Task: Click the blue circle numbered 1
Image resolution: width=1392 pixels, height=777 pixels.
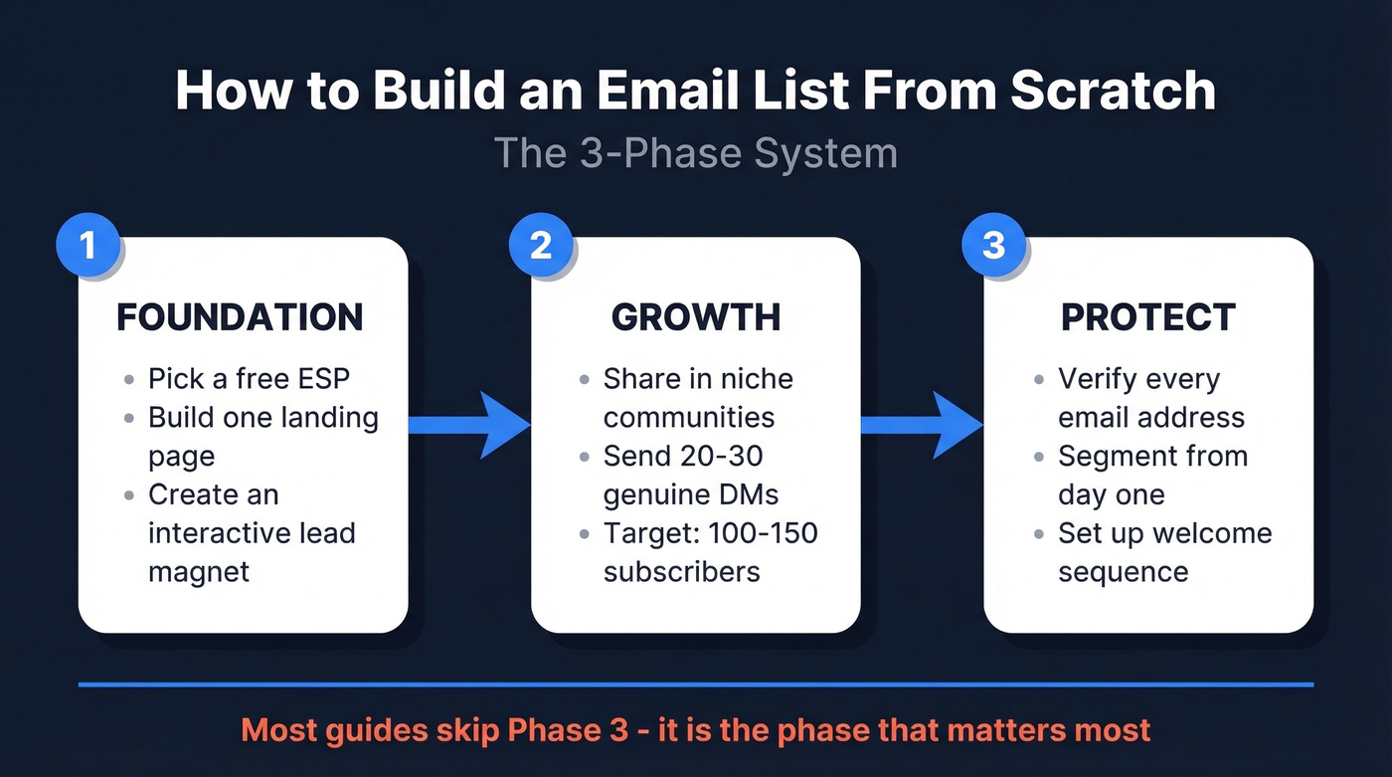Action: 87,245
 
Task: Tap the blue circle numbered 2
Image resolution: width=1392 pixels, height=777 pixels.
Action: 540,245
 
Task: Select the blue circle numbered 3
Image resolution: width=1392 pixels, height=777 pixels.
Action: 993,245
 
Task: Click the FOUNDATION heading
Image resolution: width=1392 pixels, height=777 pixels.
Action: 241,317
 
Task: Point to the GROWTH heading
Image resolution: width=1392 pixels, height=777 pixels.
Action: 695,317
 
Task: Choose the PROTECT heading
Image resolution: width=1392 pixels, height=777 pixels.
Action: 1148,317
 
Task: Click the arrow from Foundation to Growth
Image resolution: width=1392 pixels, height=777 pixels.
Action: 467,425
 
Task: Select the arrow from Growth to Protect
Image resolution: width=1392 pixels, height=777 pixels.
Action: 920,425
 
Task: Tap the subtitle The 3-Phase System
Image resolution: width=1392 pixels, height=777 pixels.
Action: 695,153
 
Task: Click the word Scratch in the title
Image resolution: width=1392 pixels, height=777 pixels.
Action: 1113,91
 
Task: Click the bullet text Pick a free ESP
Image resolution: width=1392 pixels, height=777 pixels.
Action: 250,379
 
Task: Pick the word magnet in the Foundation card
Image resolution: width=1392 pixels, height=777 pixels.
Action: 199,572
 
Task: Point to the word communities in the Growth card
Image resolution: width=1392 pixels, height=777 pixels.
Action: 688,417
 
